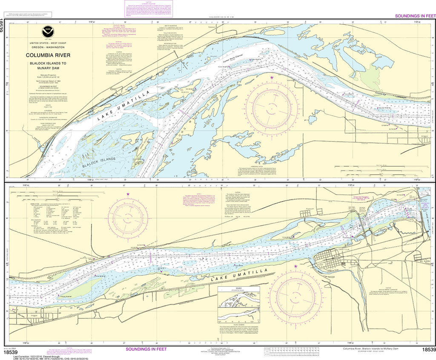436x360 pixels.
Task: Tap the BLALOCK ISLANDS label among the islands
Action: pyautogui.click(x=100, y=160)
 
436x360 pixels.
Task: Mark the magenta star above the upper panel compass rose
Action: pyautogui.click(x=272, y=78)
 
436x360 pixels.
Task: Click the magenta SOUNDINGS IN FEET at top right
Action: pyautogui.click(x=415, y=16)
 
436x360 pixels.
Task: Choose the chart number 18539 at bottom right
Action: pyautogui.click(x=427, y=350)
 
